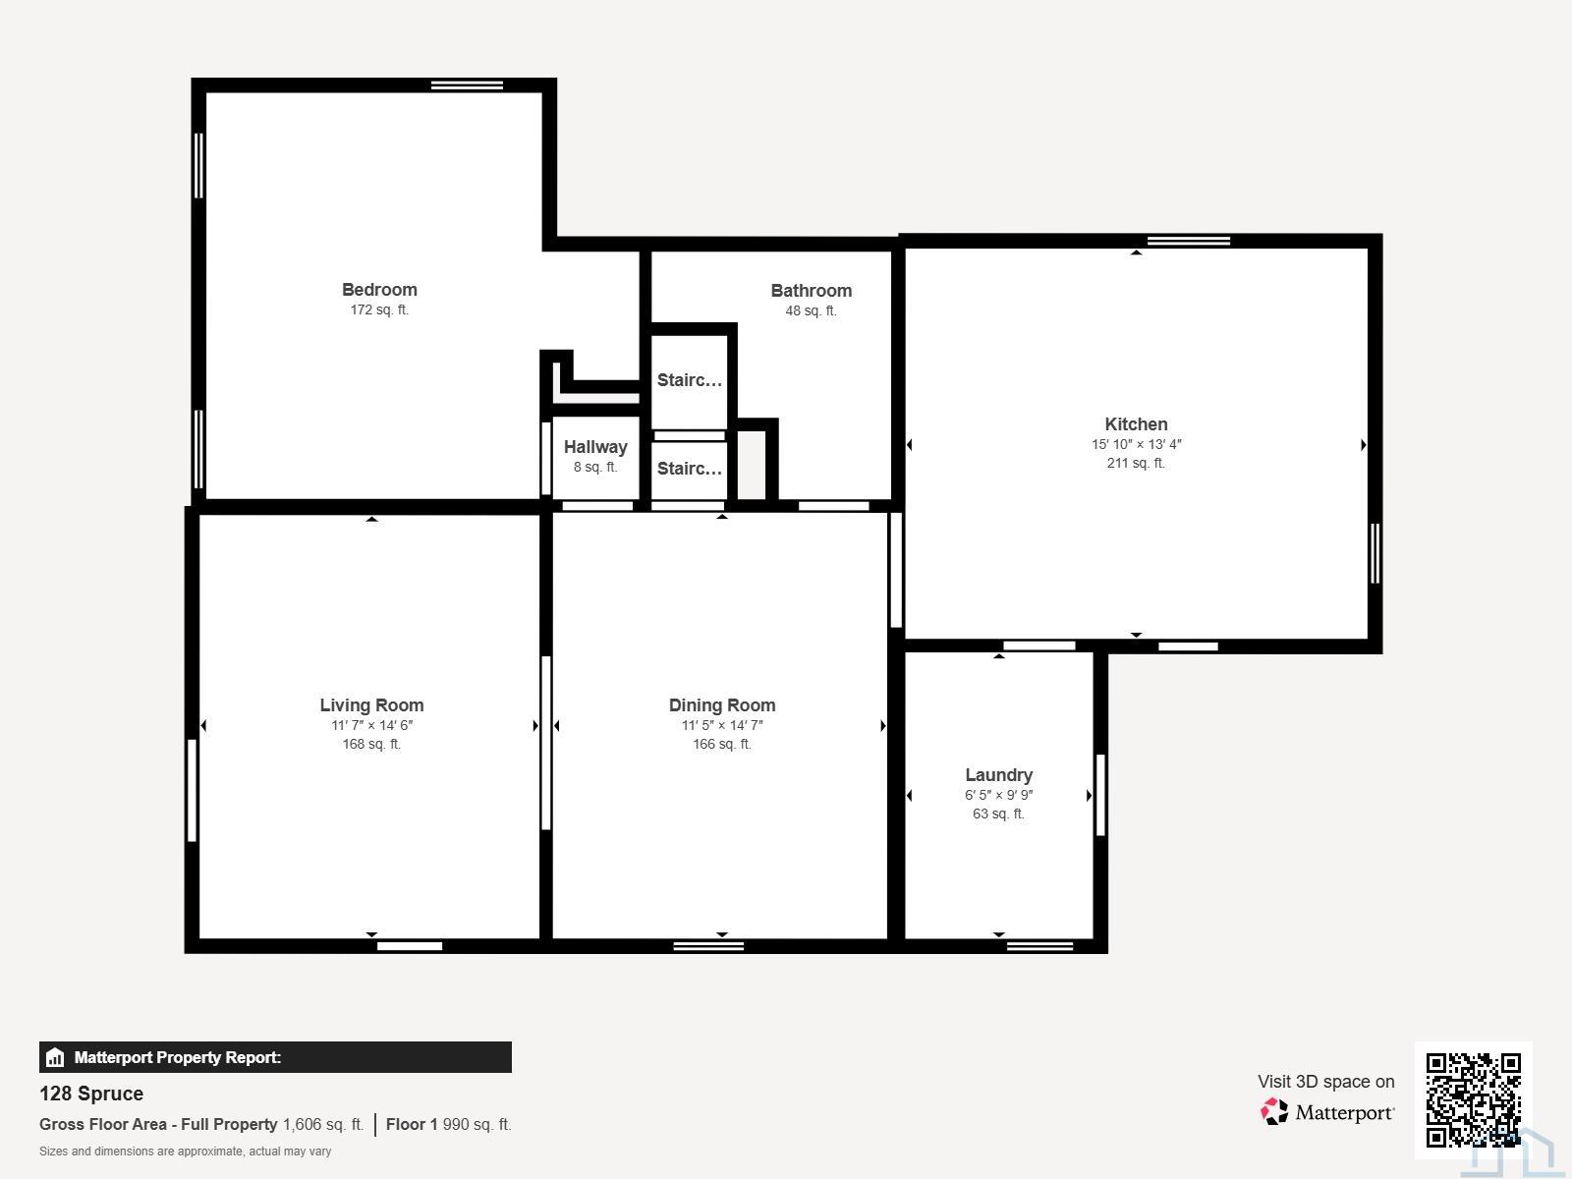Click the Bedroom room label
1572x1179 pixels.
[379, 289]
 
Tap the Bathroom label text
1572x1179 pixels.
[811, 291]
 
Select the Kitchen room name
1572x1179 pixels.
[1136, 423]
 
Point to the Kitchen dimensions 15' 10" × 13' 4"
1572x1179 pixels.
[1136, 444]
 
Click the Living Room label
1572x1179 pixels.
[371, 705]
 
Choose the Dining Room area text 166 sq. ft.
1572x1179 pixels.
[722, 744]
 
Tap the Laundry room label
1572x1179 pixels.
[998, 774]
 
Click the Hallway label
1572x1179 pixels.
[595, 447]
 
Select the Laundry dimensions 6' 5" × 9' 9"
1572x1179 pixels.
[998, 795]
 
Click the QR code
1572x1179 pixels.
[1473, 1099]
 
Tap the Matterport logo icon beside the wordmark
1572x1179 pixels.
[1273, 1111]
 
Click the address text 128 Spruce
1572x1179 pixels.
[91, 1094]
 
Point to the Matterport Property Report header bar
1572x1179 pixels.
[275, 1056]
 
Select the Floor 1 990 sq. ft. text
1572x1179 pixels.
[448, 1124]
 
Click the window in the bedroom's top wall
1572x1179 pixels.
[467, 85]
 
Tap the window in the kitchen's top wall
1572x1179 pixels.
[1188, 242]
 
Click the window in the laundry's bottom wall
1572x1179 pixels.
[1039, 946]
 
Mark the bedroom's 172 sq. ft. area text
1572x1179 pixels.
[379, 309]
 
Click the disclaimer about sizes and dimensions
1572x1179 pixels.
[185, 1151]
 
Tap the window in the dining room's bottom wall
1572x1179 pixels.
[708, 946]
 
